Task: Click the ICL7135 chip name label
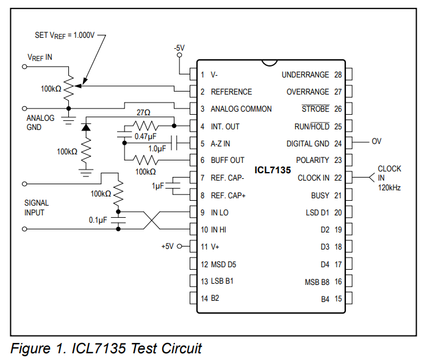(273, 169)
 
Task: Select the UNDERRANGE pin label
(305, 74)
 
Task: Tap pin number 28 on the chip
(338, 74)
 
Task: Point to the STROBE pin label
(315, 109)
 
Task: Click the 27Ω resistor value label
(143, 113)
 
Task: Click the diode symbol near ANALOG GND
(86, 128)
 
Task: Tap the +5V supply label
(167, 247)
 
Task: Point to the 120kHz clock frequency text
(389, 187)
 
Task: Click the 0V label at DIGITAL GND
(376, 141)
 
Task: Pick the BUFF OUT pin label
(228, 160)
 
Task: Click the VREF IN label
(40, 57)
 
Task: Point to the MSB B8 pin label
(317, 282)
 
